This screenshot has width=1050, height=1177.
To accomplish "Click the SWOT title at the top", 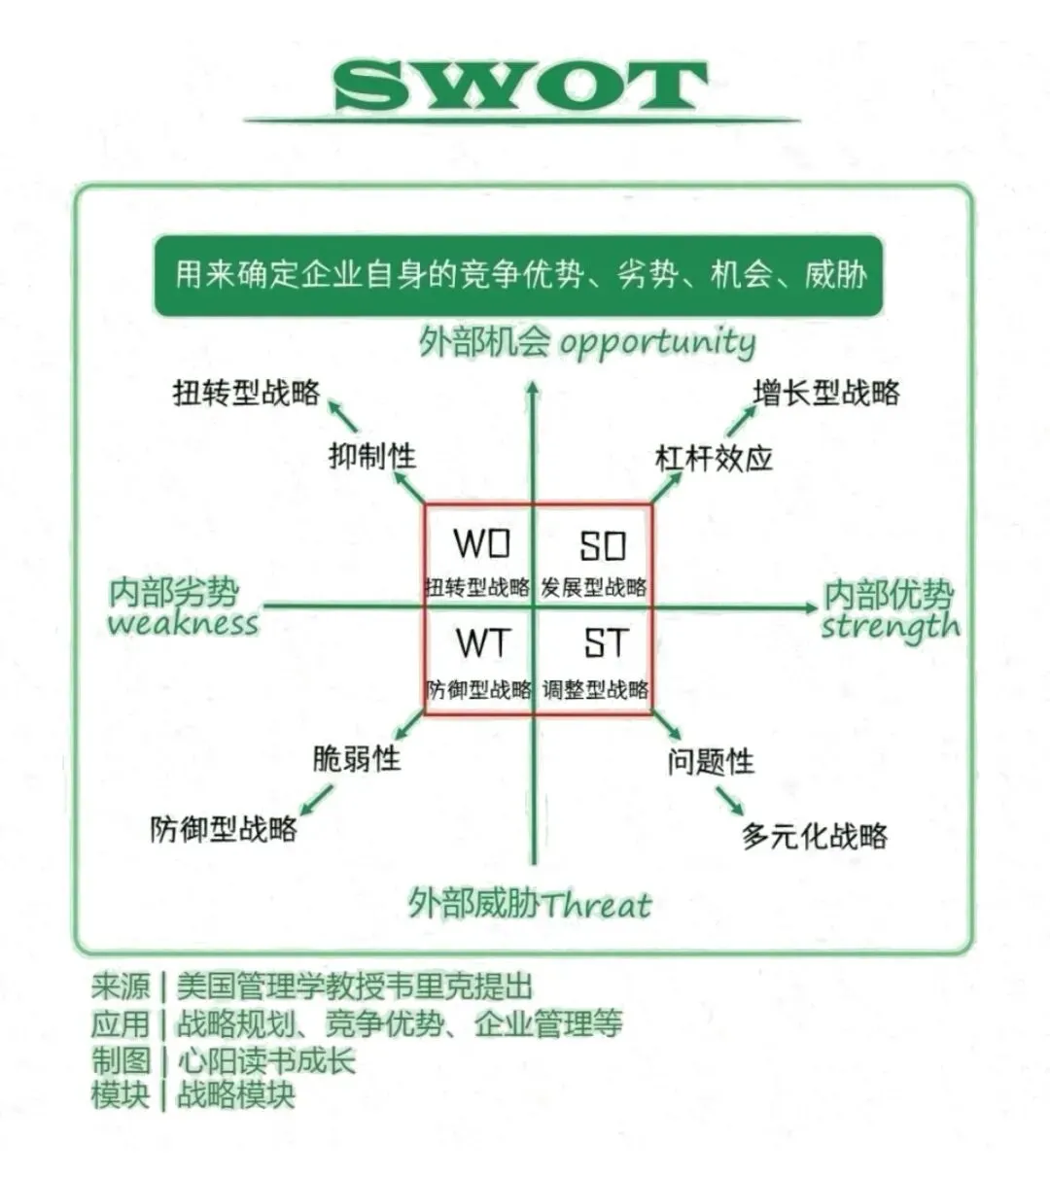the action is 521,87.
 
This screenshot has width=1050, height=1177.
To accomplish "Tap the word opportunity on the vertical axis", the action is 657,343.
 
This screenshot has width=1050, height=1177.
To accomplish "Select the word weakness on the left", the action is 184,623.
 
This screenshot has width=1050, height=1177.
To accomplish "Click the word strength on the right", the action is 890,627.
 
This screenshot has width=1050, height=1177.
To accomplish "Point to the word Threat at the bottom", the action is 596,906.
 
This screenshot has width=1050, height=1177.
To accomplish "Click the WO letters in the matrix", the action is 481,544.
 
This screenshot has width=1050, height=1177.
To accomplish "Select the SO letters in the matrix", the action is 603,546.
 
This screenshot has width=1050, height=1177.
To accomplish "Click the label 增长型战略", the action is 826,393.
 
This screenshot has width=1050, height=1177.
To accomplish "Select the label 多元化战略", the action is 815,836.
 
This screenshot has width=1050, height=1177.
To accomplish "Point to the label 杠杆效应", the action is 714,457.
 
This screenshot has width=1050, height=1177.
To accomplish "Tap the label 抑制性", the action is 371,455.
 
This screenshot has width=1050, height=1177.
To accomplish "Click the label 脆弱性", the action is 356,758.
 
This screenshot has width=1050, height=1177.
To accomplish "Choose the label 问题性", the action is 711,761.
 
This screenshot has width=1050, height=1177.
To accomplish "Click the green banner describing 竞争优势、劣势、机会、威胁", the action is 519,275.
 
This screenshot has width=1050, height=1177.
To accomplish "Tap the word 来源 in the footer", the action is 121,987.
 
